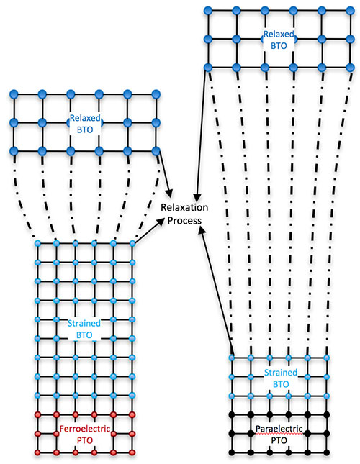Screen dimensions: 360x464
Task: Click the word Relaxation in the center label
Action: click(184, 207)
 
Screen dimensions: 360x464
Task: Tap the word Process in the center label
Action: click(184, 220)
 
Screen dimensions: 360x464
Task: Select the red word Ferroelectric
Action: click(85, 429)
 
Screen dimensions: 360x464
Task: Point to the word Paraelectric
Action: click(279, 429)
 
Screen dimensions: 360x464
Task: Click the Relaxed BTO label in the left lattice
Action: click(85, 124)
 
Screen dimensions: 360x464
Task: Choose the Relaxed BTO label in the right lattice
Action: click(279, 40)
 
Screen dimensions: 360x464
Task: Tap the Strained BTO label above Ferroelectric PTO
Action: click(84, 329)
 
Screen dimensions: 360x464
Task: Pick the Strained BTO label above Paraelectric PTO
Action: click(280, 378)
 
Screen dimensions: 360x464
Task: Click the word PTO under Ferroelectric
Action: click(85, 440)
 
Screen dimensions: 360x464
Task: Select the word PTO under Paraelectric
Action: click(279, 440)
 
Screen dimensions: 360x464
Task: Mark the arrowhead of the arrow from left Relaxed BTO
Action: click(170, 194)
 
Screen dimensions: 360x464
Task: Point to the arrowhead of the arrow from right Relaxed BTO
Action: click(197, 199)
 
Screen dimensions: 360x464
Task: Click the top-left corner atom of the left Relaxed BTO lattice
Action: click(14, 94)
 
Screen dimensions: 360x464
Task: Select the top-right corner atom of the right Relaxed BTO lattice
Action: click(350, 11)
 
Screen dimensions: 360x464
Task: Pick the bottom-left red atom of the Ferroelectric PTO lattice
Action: click(37, 452)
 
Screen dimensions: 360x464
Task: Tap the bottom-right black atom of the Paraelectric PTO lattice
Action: click(327, 452)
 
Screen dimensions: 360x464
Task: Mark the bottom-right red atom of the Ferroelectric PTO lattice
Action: click(132, 452)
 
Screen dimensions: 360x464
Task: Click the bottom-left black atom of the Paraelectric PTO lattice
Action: click(232, 452)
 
